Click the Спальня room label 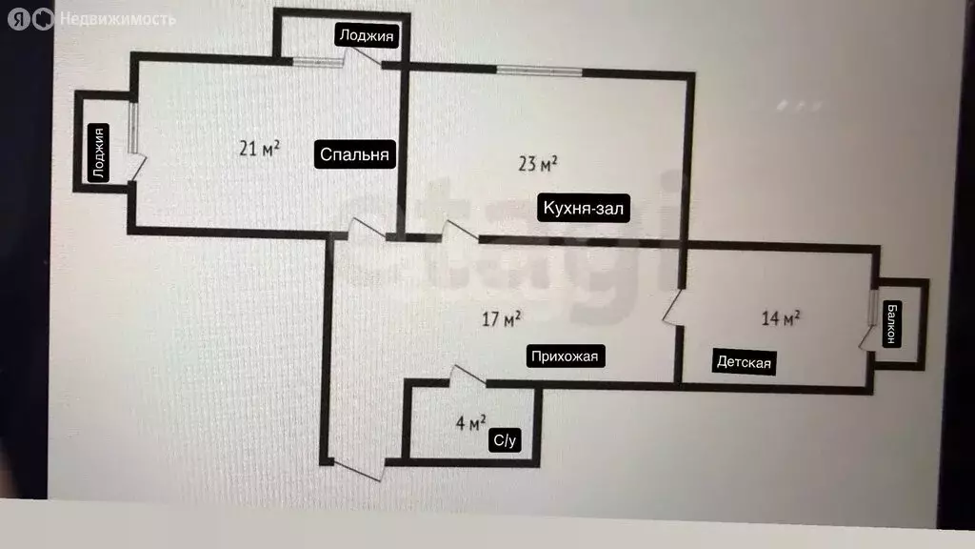(x=354, y=154)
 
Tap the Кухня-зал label (x=584, y=208)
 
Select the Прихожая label (x=565, y=356)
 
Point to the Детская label (x=744, y=361)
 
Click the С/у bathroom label (x=505, y=440)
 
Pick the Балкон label (x=891, y=324)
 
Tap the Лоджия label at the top (x=367, y=35)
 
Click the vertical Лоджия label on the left (x=98, y=153)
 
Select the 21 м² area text (x=259, y=148)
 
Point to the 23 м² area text (x=538, y=164)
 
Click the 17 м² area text (x=501, y=319)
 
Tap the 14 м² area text (x=781, y=318)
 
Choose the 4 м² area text (x=470, y=423)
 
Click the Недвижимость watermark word (x=117, y=20)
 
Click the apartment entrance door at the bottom (x=357, y=470)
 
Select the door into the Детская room (x=671, y=306)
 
